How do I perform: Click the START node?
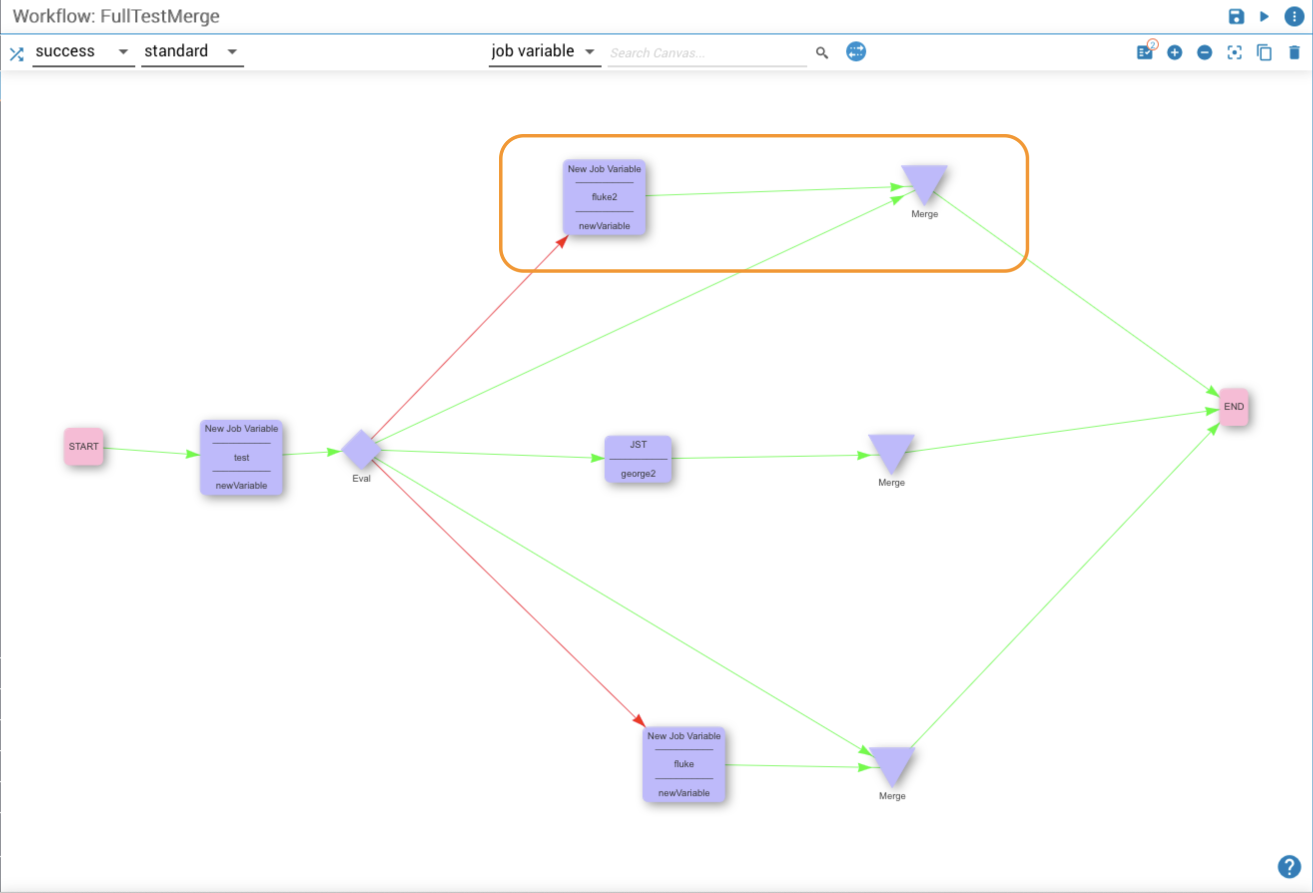coord(83,446)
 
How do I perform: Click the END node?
coord(1233,407)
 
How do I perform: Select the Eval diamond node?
coord(361,449)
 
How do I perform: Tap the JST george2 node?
coord(638,459)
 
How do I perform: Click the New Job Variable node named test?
coord(241,457)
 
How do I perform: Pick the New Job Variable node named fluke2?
coord(604,197)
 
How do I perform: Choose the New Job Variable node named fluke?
coord(683,764)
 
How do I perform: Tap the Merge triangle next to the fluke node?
coord(892,764)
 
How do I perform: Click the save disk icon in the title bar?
coord(1236,16)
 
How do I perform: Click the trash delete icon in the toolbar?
coord(1295,52)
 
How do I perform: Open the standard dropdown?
coord(192,52)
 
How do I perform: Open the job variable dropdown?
coord(544,52)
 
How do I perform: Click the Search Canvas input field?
coord(707,53)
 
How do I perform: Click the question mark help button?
coord(1289,867)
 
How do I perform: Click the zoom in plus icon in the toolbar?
coord(1175,52)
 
